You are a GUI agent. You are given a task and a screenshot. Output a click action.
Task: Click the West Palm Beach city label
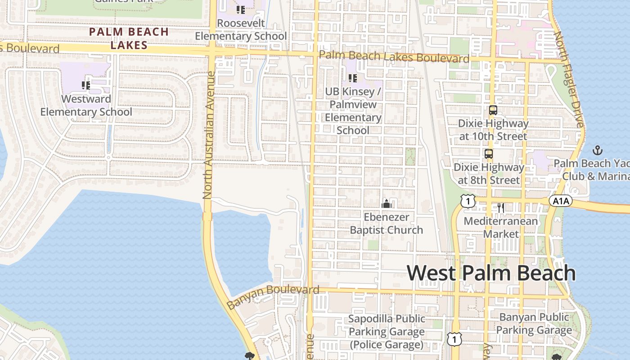[x=491, y=273]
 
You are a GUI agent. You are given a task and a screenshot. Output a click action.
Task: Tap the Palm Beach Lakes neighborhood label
[x=129, y=38]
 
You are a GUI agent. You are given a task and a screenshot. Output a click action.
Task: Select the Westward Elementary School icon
[x=86, y=85]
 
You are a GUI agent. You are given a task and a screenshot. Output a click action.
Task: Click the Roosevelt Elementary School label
[x=241, y=30]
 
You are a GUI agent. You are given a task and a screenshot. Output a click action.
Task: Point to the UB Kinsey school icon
[x=353, y=78]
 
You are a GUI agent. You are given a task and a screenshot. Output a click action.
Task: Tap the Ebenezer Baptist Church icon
[x=386, y=204]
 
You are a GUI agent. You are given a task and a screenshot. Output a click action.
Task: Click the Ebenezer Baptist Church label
[x=386, y=224]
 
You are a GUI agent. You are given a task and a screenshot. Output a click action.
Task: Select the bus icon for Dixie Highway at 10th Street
[x=493, y=110]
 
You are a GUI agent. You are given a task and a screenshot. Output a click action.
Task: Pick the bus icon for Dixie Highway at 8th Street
[x=489, y=154]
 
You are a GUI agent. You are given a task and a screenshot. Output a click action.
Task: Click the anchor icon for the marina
[x=598, y=150]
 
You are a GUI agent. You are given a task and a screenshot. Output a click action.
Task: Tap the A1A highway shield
[x=560, y=201]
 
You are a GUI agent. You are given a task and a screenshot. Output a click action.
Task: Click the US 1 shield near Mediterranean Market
[x=468, y=201]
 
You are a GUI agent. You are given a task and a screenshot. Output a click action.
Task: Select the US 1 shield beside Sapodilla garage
[x=454, y=339]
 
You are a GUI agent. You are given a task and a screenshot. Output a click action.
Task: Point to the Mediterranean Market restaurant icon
[x=501, y=208]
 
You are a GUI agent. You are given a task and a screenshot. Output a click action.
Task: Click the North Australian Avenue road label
[x=208, y=135]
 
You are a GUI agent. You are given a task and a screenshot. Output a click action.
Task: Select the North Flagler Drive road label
[x=569, y=79]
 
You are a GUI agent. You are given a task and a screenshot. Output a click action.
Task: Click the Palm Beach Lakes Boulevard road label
[x=394, y=57]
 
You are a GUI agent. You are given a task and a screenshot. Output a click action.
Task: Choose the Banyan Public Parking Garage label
[x=534, y=324]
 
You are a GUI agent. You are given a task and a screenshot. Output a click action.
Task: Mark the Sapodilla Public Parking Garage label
[x=387, y=332]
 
